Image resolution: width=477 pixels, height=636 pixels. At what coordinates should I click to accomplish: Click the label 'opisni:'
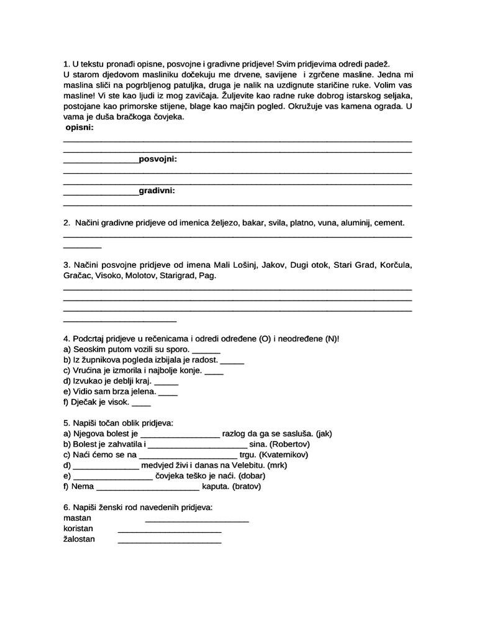coord(79,127)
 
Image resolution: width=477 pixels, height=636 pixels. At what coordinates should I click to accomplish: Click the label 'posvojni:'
coord(158,160)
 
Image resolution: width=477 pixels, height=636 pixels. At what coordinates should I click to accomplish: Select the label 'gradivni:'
coord(157,191)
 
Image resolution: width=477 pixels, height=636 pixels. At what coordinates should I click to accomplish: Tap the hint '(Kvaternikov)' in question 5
coord(283,454)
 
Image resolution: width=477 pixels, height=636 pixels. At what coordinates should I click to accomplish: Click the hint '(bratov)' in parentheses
coord(247,486)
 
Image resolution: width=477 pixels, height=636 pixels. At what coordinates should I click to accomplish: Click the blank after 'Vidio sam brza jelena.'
coord(168,393)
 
